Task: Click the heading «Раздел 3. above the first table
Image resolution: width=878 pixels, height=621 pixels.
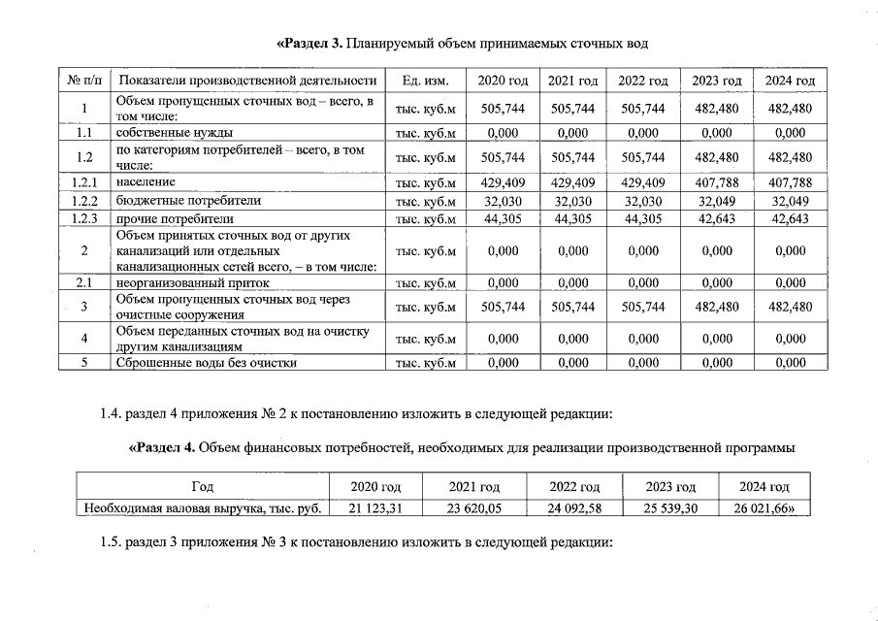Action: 311,43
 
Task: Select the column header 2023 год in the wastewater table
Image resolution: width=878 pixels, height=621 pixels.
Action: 717,80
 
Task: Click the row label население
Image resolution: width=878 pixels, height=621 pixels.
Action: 146,181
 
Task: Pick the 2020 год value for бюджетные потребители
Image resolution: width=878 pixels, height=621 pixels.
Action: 503,201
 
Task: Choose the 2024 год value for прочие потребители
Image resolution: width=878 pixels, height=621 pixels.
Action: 790,218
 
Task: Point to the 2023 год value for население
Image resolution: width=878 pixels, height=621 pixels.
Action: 717,181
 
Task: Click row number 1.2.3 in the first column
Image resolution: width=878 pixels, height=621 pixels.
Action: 84,218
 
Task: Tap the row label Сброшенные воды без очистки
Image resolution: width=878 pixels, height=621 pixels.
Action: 207,363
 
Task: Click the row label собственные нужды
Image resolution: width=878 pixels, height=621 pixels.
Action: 175,132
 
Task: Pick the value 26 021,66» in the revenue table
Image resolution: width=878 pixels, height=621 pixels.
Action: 764,507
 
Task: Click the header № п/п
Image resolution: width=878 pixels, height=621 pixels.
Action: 84,80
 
